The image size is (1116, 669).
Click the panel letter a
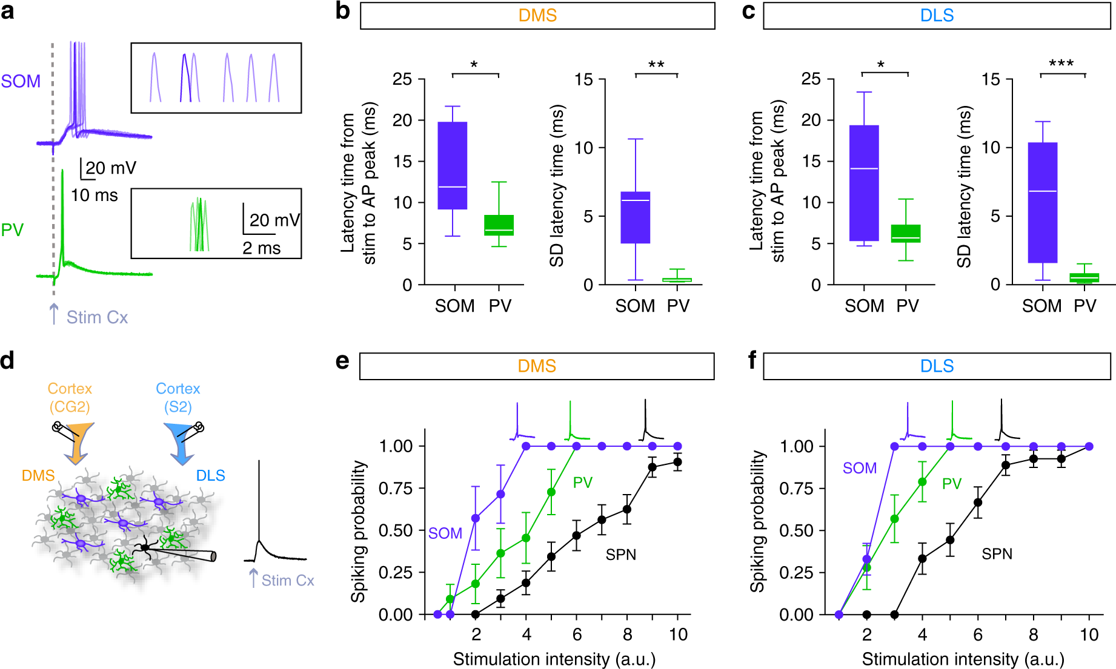pos(8,11)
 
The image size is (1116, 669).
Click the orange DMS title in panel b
pos(537,16)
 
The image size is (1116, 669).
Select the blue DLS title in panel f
pos(937,366)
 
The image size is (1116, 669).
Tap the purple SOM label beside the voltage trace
pos(21,81)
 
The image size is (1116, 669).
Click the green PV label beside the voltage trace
pos(12,230)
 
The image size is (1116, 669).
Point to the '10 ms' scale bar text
pos(95,196)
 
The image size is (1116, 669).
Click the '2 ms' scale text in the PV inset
pos(262,248)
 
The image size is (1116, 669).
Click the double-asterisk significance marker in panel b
pos(656,65)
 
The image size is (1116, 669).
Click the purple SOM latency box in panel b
pos(453,165)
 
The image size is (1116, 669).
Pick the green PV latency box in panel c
pos(906,234)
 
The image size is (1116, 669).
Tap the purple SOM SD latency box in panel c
pos(1043,202)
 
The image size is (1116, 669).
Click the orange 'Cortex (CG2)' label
pos(70,397)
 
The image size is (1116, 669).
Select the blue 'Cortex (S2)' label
pos(178,397)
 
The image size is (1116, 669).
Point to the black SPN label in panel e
pos(621,555)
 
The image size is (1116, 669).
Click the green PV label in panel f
pos(952,484)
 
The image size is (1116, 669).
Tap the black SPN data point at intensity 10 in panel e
pos(677,462)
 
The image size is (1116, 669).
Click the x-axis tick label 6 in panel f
pos(978,634)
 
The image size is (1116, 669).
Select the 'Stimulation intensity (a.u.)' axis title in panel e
pos(554,659)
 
